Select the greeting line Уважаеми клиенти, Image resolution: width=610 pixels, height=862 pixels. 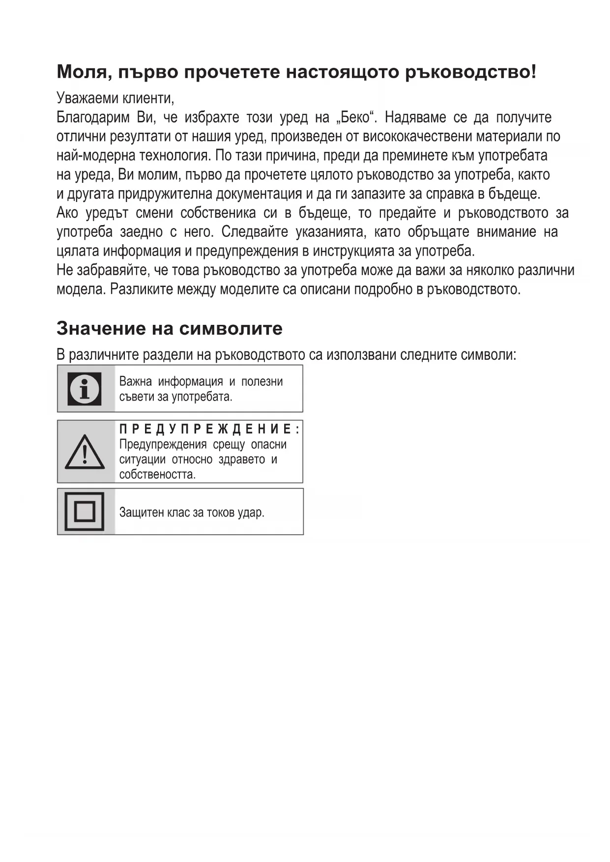(116, 98)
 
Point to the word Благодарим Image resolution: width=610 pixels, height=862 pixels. (93, 117)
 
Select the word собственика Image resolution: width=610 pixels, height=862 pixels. (218, 213)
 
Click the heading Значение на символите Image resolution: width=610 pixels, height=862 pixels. (170, 328)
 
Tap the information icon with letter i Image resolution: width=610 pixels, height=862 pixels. (85, 389)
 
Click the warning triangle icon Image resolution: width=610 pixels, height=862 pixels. (85, 452)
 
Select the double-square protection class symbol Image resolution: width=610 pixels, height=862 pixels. (85, 512)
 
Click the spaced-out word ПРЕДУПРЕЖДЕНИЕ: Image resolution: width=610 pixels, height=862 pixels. (209, 429)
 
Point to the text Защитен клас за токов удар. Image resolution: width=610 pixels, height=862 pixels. (192, 513)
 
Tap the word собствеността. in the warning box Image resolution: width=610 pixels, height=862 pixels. (157, 475)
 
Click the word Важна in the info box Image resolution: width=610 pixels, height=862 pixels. (135, 382)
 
